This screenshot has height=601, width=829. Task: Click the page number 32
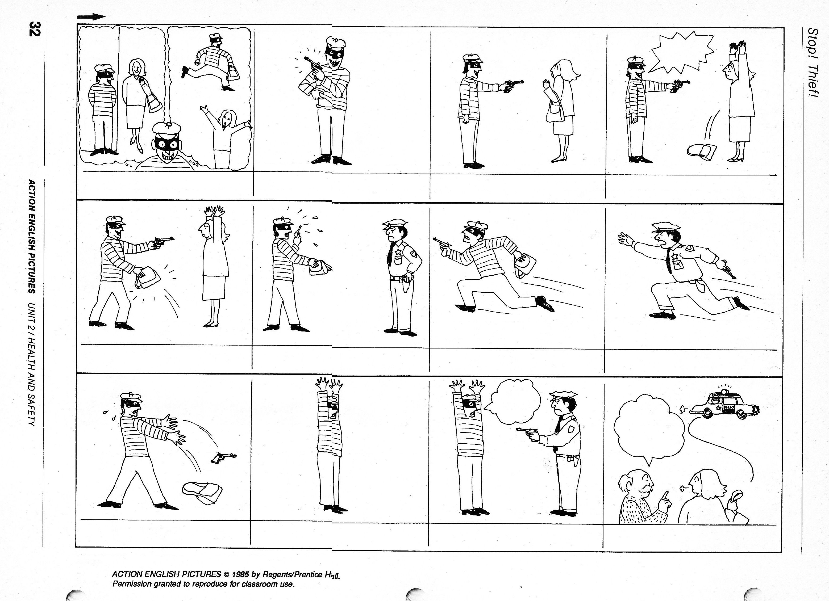click(35, 29)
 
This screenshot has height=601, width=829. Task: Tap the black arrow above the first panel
click(91, 17)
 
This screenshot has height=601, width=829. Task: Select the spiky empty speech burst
click(681, 53)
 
